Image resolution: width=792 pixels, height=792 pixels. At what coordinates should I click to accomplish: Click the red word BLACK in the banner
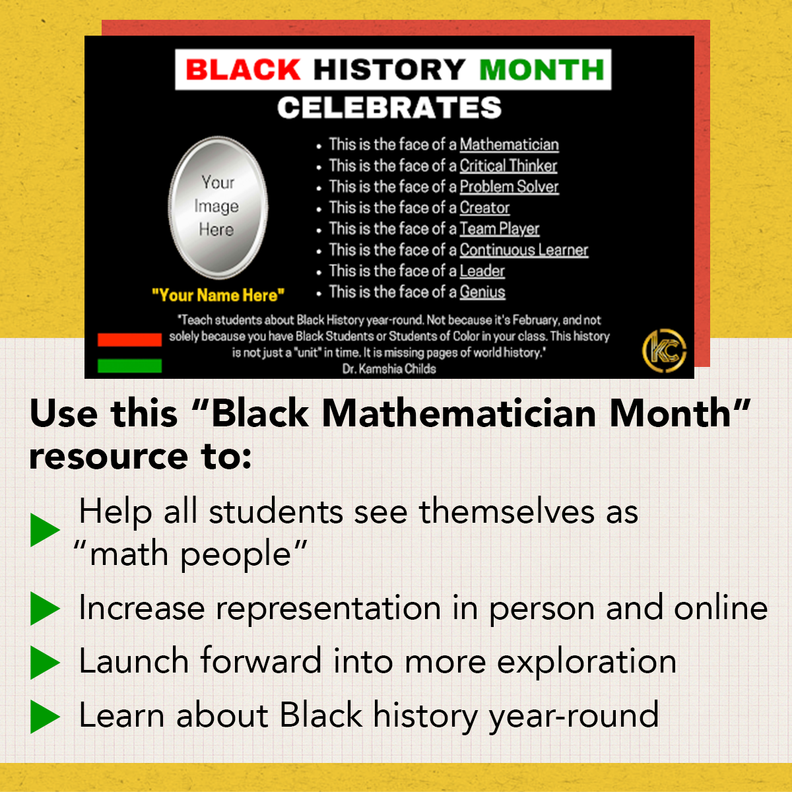243,69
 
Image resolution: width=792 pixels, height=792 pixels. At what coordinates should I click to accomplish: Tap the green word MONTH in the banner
541,69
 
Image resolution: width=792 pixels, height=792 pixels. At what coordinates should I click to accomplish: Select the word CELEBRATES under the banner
389,108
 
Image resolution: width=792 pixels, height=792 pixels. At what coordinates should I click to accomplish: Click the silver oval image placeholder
218,207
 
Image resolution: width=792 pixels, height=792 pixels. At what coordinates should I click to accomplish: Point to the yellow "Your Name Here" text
218,295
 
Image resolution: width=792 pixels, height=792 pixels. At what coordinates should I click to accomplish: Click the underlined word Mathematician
509,145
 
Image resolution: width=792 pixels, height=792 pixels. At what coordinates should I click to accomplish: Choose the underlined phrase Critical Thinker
508,166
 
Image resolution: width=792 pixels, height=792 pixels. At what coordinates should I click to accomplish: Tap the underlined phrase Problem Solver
509,187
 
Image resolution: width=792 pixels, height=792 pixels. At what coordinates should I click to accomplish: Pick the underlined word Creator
484,208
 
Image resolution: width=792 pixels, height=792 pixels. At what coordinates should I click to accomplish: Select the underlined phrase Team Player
499,229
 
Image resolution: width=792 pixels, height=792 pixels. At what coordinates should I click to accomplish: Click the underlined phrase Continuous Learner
523,250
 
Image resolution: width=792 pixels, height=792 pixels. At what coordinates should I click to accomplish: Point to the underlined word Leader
482,271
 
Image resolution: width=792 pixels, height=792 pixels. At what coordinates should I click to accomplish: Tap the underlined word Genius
482,292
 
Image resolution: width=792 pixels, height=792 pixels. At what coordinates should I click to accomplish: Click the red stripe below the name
129,340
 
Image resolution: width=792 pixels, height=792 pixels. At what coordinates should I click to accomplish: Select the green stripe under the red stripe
129,366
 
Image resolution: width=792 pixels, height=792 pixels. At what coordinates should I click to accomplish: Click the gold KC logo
664,350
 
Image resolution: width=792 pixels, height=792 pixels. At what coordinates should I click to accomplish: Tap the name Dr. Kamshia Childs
389,369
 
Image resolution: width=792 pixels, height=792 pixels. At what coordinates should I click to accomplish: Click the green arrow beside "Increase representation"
45,609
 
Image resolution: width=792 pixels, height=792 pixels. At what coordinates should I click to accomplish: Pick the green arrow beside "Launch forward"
45,663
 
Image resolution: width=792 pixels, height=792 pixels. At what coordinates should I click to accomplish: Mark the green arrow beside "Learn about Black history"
45,717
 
